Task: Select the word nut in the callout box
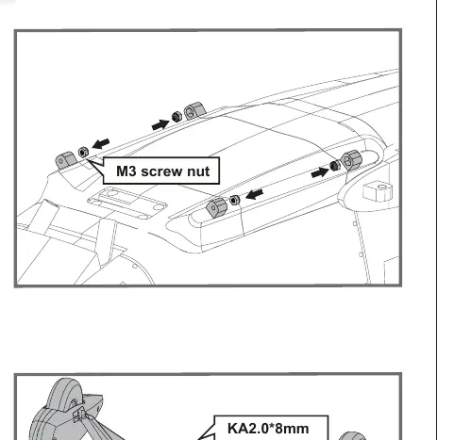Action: coord(198,171)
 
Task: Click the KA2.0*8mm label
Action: coord(268,429)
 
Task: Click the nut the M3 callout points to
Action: coord(83,153)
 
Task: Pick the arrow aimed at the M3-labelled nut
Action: coord(101,144)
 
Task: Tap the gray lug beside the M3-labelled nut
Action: coord(66,160)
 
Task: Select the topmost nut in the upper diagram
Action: coord(177,117)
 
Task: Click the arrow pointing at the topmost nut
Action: coord(160,125)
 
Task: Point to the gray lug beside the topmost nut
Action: coord(194,110)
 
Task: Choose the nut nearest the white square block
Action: coord(335,165)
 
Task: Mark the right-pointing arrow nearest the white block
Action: coord(320,172)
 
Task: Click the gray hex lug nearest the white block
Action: coord(351,160)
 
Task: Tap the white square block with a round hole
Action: coord(378,191)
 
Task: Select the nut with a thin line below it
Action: coord(235,200)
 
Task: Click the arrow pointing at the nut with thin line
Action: coord(254,194)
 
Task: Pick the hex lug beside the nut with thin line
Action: coord(216,207)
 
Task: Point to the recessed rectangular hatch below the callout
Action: coord(127,203)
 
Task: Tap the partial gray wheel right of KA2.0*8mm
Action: coord(352,436)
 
